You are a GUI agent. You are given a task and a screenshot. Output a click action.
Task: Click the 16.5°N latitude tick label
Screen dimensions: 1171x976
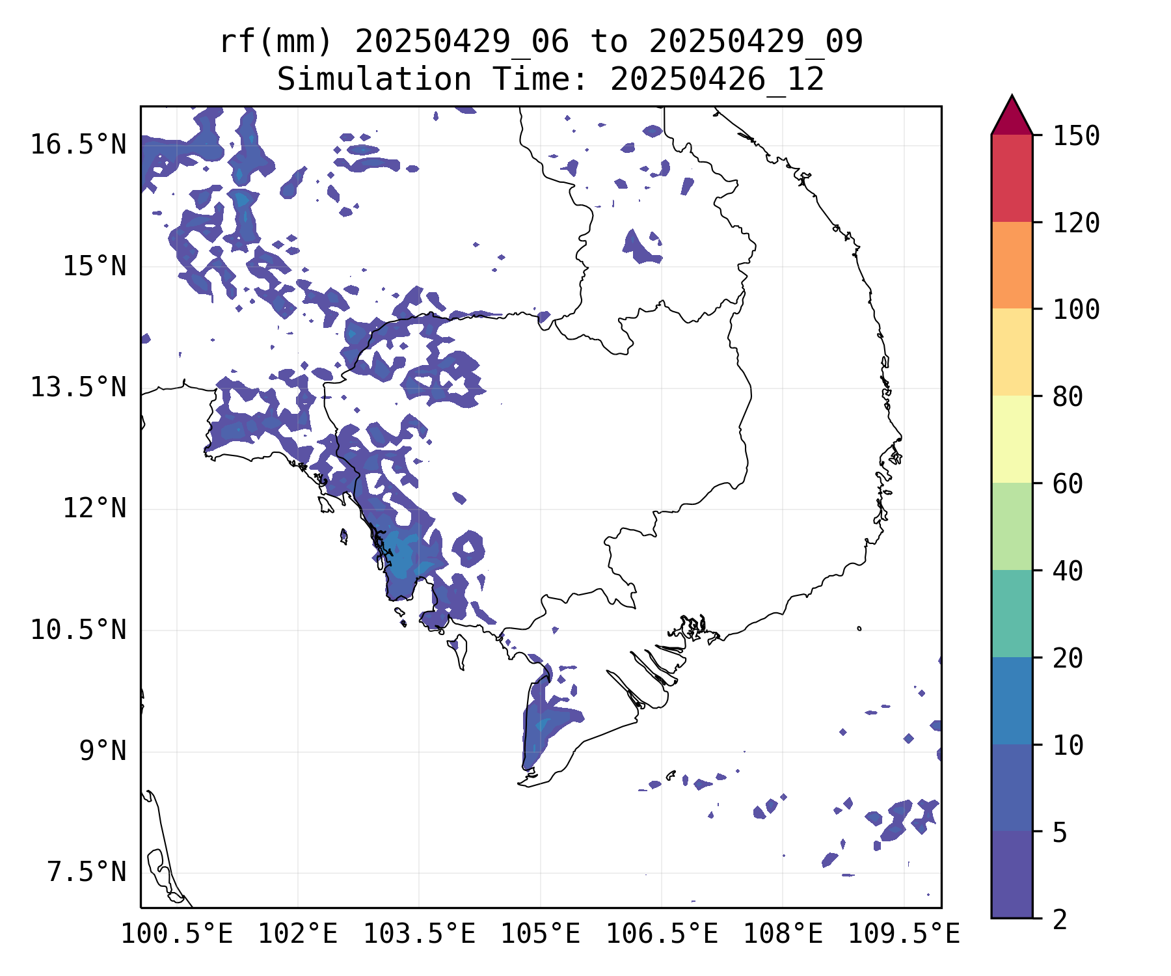click(78, 144)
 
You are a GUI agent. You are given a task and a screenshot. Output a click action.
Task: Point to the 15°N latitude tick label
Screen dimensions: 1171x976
click(94, 266)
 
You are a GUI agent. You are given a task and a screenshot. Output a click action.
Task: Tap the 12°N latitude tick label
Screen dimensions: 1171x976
click(94, 508)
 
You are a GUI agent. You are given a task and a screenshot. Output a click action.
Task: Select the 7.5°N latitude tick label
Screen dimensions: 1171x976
click(87, 872)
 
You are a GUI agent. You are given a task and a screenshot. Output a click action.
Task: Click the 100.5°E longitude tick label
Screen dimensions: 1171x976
click(177, 934)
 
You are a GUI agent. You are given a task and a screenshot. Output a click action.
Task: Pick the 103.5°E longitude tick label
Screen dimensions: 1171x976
click(419, 934)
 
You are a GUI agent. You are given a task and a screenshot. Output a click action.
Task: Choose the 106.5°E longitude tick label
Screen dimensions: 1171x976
click(662, 934)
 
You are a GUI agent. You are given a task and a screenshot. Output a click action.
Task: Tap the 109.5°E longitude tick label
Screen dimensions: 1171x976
click(904, 934)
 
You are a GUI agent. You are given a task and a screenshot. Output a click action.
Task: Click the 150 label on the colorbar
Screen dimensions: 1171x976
click(1076, 136)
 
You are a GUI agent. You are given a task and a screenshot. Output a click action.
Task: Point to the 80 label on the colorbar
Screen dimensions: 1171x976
click(1068, 396)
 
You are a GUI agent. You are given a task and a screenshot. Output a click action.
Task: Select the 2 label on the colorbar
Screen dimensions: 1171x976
click(1060, 919)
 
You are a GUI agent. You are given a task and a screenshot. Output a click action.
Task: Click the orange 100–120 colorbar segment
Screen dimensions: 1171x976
click(1012, 265)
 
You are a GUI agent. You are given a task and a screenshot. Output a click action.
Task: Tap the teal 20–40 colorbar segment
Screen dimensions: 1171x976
click(1012, 614)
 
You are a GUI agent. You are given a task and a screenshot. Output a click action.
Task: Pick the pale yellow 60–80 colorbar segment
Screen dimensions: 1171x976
click(1012, 439)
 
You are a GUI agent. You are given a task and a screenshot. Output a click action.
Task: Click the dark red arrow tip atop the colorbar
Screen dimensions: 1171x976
click(1012, 96)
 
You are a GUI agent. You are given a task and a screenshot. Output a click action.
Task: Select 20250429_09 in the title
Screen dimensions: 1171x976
click(756, 42)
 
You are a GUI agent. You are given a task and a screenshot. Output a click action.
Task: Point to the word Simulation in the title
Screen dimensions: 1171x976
click(374, 79)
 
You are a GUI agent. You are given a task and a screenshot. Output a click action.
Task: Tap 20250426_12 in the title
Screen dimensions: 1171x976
click(718, 79)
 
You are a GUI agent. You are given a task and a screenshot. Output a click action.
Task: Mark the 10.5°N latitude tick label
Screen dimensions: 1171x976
click(78, 630)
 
